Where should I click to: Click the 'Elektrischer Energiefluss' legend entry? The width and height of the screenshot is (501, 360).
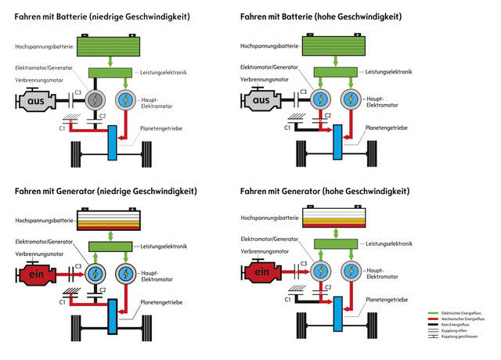[x=467, y=313]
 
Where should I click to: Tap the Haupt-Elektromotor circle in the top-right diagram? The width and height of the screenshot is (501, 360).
[x=351, y=99]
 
